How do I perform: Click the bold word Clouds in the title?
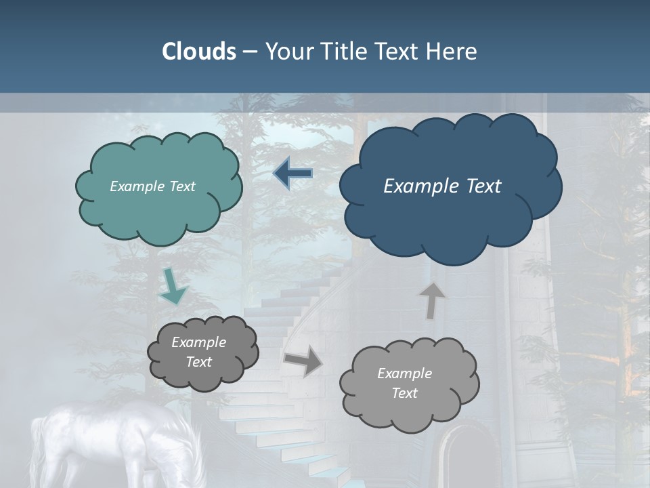(198, 52)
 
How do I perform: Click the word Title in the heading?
(345, 52)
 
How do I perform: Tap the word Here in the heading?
(453, 52)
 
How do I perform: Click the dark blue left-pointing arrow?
(292, 174)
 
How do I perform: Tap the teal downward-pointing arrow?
(173, 287)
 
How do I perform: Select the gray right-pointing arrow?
(303, 361)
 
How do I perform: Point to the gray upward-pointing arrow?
(432, 300)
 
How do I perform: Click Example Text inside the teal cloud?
(152, 186)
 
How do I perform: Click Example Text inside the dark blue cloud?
(442, 186)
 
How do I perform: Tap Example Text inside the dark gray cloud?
(199, 352)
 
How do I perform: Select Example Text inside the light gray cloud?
(404, 383)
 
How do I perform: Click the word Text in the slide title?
(399, 52)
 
